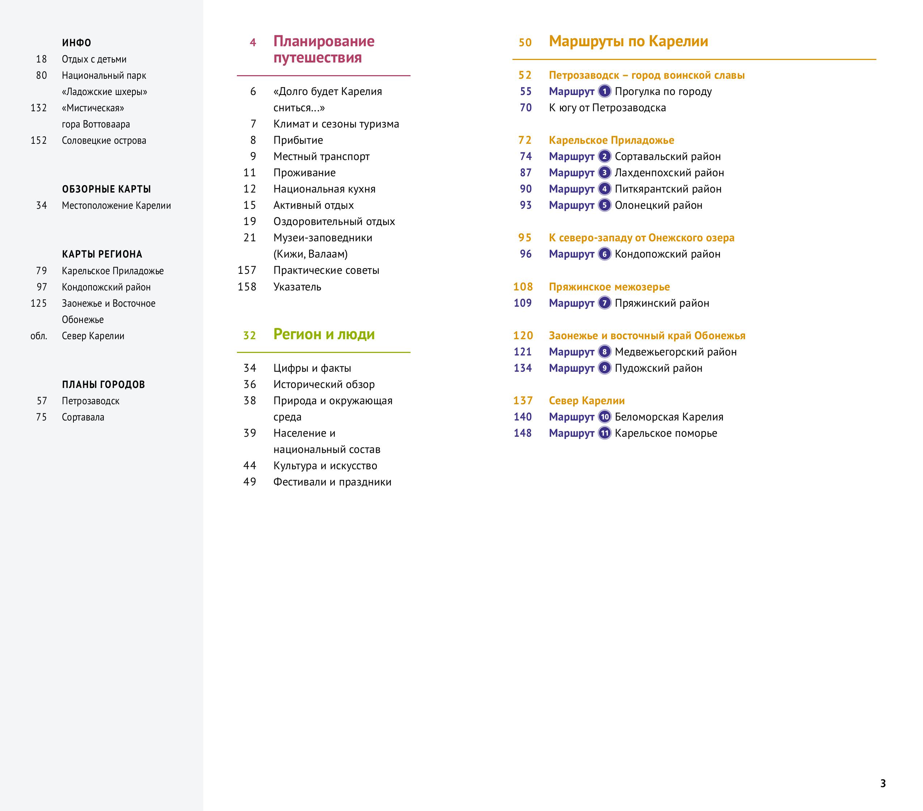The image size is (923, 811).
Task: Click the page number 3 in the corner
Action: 883,783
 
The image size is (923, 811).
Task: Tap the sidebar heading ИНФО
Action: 77,43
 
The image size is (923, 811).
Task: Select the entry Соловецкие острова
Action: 104,140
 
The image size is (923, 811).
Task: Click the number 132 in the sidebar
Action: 39,108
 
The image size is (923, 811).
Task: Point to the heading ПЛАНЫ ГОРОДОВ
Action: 103,384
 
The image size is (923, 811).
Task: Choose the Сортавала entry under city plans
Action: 83,417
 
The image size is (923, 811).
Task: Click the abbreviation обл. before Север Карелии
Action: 39,336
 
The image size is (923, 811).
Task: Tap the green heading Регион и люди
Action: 324,334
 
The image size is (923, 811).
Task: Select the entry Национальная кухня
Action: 324,189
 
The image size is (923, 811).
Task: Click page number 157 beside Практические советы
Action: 247,270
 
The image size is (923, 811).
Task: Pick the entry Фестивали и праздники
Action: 332,482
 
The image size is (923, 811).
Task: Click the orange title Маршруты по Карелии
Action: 628,42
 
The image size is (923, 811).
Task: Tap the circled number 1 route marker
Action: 604,91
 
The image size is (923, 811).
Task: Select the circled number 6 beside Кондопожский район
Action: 604,254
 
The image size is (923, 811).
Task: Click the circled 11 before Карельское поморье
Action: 604,433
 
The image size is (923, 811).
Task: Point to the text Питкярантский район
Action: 668,189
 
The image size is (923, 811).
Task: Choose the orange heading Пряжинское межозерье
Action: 609,287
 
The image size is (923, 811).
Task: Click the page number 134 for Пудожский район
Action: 523,368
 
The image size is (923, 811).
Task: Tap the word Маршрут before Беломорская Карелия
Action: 571,417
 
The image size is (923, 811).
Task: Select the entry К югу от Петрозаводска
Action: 607,108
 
